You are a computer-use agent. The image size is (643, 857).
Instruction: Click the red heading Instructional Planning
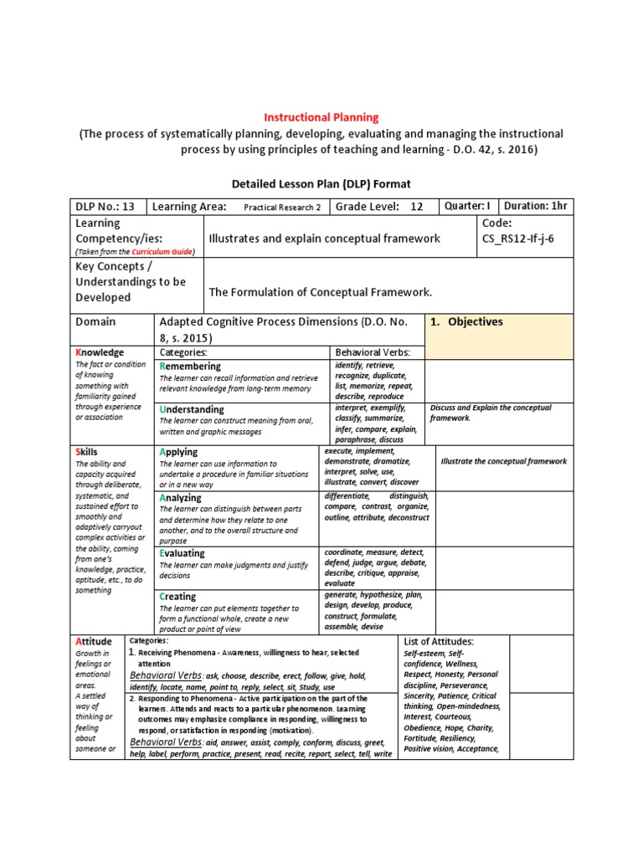point(321,118)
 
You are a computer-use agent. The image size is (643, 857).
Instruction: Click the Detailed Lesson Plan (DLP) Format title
point(321,183)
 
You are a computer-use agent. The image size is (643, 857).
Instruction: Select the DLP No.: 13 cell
point(105,207)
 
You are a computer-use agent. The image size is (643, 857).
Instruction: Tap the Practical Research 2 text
point(282,208)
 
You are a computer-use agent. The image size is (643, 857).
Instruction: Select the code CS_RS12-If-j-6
point(519,239)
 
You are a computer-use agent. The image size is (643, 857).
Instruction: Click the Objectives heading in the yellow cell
point(477,321)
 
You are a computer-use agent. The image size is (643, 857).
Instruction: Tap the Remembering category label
point(192,367)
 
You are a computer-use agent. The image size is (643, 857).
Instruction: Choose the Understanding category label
point(192,409)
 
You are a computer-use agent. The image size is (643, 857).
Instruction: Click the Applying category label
point(178,452)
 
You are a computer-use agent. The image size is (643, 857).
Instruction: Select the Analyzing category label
point(180,498)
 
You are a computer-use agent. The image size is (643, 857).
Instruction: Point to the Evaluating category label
point(182,553)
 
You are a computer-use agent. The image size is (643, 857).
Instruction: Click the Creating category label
point(177,597)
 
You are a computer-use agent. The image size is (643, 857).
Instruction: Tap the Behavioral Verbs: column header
point(373,352)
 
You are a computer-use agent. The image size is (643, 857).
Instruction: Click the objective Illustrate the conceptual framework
point(503,461)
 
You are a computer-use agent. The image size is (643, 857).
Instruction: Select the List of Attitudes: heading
point(439,641)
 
